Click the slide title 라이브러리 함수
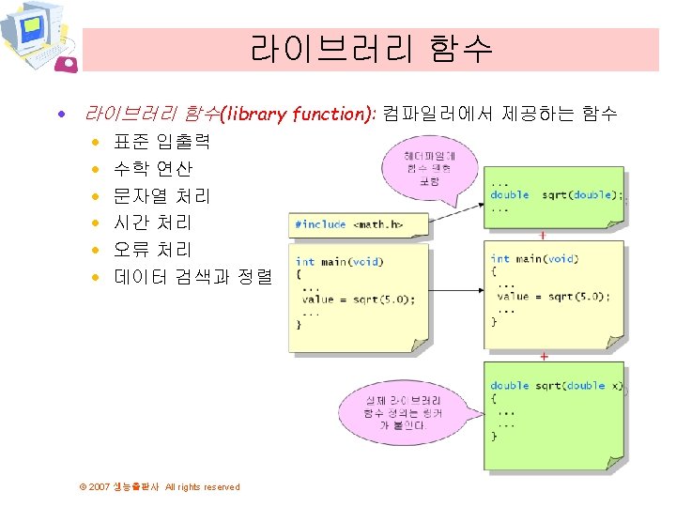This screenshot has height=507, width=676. click(371, 48)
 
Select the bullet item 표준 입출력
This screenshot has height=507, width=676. click(161, 143)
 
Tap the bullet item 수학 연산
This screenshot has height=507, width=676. click(152, 170)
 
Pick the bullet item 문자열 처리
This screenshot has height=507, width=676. click(161, 196)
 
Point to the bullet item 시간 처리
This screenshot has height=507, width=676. click(152, 223)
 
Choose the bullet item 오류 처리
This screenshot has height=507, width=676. click(152, 250)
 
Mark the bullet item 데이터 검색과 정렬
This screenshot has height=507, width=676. click(192, 277)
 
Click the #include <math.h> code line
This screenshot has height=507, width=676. click(348, 224)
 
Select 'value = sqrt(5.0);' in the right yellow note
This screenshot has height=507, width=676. click(553, 296)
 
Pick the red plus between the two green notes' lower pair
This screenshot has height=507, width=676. click(544, 357)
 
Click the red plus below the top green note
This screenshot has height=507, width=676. click(544, 235)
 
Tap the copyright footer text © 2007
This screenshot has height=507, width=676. click(161, 487)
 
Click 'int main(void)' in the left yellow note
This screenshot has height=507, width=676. click(338, 262)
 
